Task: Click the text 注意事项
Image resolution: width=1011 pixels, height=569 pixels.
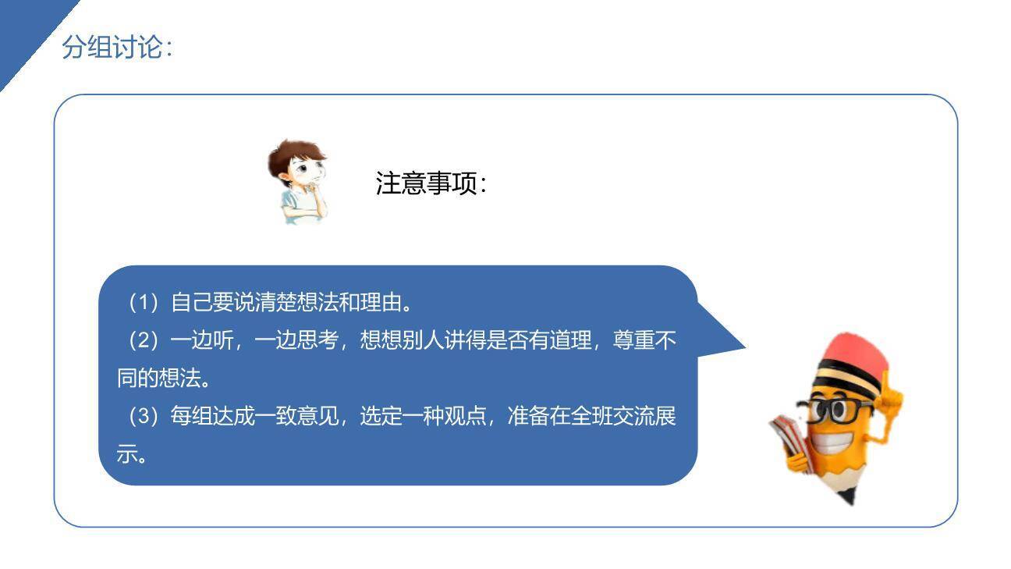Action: point(430,184)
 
